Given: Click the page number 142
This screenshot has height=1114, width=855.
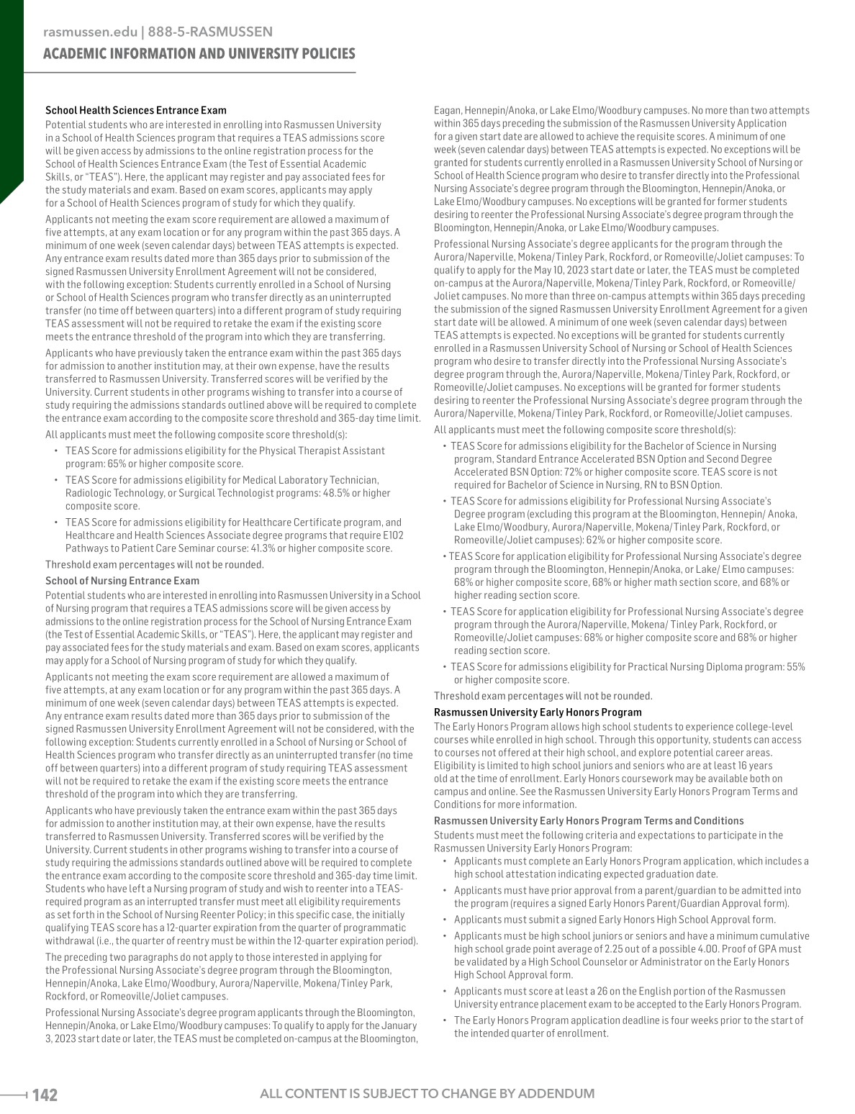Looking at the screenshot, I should coord(45,1095).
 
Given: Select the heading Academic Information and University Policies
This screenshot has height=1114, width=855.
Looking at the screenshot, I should coord(199,54).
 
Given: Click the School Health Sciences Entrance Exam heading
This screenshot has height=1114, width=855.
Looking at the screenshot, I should coord(136,110).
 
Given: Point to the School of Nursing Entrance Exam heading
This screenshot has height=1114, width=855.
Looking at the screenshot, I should coord(122,581).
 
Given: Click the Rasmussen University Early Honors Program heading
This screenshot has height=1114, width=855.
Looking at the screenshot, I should coord(538,712).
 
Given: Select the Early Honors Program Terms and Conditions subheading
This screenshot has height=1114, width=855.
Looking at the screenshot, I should coord(589,820).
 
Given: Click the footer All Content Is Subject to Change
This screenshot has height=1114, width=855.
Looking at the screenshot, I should coord(427,1094).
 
